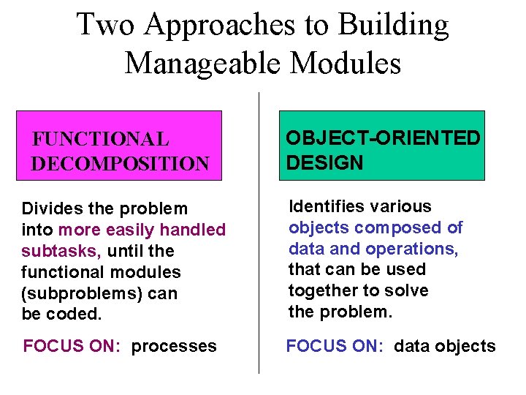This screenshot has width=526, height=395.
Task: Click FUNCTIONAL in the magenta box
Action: [x=101, y=138]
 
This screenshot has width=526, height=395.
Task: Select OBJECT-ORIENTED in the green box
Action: [x=383, y=138]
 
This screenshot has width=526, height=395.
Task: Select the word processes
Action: [x=174, y=346]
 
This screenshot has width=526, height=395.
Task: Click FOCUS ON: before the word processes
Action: [x=72, y=346]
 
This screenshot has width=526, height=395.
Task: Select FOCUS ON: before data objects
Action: [x=335, y=346]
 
